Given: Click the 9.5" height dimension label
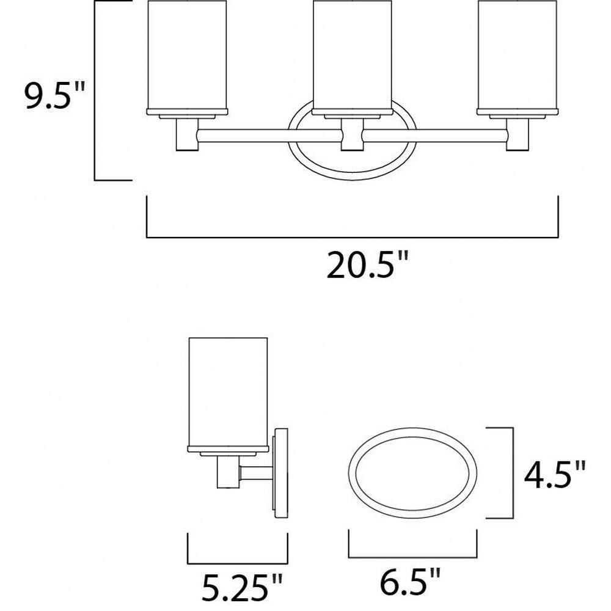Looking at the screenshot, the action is (x=54, y=97).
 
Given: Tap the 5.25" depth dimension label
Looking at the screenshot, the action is (x=241, y=587).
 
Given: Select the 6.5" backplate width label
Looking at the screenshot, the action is (x=411, y=582).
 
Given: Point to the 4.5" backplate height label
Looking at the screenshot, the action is (x=555, y=475).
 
